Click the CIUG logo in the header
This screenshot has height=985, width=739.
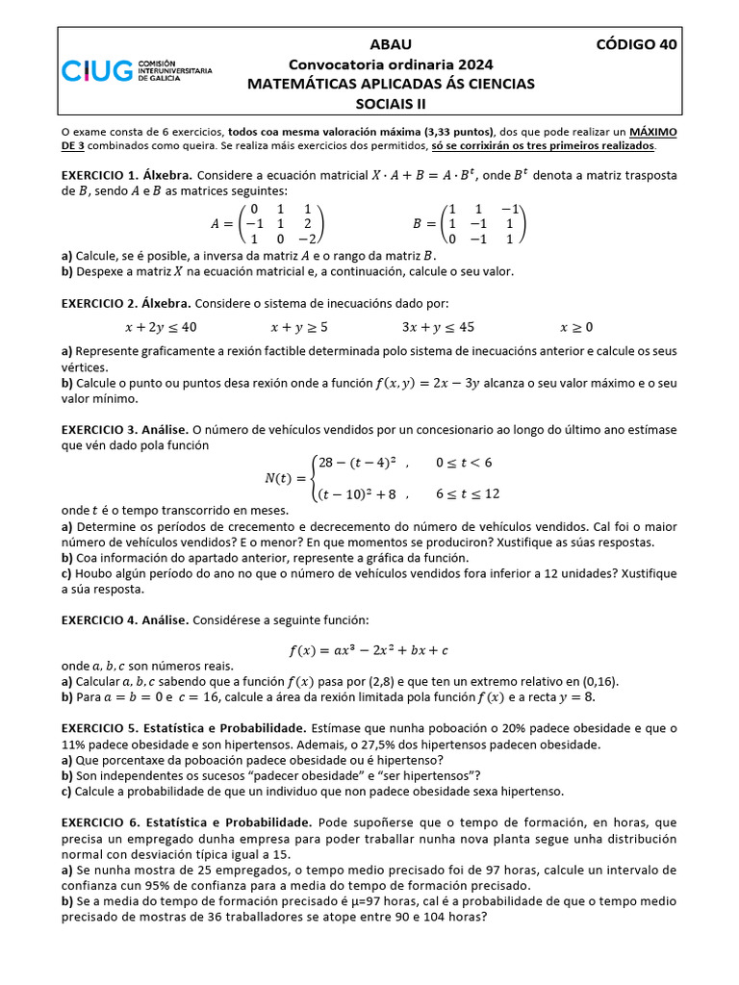(x=136, y=69)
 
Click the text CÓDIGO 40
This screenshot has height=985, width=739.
(x=636, y=44)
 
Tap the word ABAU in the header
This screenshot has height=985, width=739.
(x=390, y=44)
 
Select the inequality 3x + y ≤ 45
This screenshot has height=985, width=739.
(x=438, y=326)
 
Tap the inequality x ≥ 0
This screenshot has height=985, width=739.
(x=576, y=326)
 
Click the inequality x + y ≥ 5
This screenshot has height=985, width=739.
(x=299, y=326)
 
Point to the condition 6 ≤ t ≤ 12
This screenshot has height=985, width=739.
(x=468, y=494)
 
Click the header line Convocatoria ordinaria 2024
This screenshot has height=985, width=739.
(x=390, y=64)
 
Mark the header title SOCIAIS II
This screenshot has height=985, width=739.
(x=390, y=104)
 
